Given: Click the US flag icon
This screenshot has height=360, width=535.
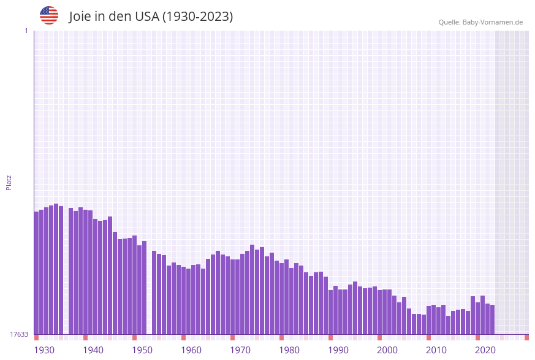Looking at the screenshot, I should click(x=49, y=15).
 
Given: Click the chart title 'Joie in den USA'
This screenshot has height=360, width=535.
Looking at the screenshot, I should click(x=151, y=17).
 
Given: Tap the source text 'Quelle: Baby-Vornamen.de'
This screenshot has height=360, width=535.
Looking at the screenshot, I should click(x=480, y=22).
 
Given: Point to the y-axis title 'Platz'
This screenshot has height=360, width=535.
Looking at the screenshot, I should click(x=9, y=182).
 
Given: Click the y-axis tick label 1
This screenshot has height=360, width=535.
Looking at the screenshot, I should click(x=26, y=31).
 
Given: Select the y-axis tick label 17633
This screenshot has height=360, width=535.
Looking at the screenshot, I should click(x=19, y=334).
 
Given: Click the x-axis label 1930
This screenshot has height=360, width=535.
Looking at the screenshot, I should click(x=44, y=350).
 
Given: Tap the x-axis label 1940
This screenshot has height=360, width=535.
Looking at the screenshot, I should click(x=93, y=350).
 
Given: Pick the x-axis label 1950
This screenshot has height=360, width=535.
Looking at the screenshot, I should click(x=142, y=350).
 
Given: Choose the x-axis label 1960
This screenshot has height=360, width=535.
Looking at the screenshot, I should click(x=191, y=350).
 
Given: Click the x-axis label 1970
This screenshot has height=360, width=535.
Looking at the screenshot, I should click(x=240, y=350).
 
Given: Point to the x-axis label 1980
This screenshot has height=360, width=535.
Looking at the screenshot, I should click(x=289, y=350).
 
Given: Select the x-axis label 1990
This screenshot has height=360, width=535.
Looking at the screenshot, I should click(x=338, y=350).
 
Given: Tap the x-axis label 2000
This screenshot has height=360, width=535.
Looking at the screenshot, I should click(x=387, y=350).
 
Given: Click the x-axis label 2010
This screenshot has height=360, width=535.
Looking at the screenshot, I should click(x=436, y=350).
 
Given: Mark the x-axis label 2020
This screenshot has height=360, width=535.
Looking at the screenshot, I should click(x=485, y=350).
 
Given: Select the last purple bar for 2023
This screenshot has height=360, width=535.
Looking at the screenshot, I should click(x=492, y=320).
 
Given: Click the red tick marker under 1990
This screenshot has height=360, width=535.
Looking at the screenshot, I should click(x=330, y=337).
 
